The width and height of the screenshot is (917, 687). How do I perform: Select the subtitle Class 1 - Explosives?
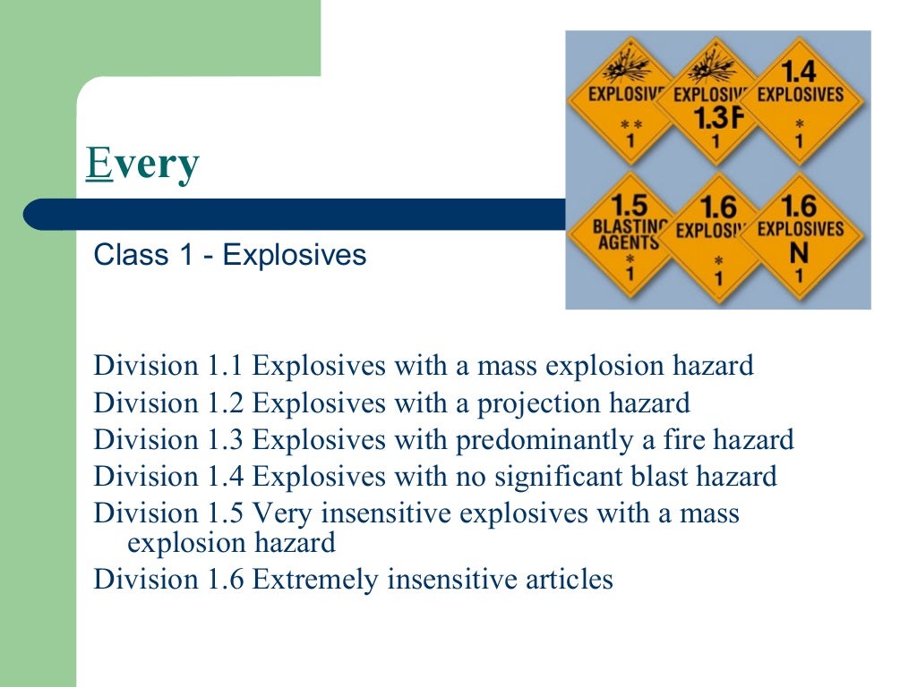point(230,255)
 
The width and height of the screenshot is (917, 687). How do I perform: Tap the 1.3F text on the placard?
point(715,118)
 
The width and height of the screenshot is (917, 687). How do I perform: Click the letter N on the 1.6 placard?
point(799,253)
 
